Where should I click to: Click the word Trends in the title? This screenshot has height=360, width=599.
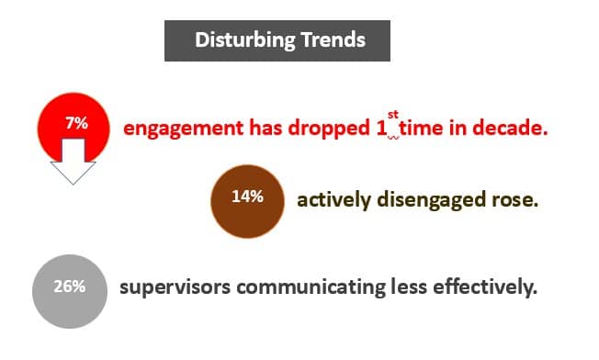tap(334, 40)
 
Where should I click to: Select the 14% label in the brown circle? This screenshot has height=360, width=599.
tap(247, 196)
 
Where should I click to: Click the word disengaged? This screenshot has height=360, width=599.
tap(432, 199)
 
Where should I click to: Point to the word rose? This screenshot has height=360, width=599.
tap(514, 199)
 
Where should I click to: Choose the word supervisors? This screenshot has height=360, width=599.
tap(175, 287)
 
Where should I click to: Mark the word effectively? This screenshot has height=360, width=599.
tap(481, 287)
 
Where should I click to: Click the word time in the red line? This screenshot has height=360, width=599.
tap(424, 129)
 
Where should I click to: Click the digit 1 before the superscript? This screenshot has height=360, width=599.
tap(381, 129)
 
